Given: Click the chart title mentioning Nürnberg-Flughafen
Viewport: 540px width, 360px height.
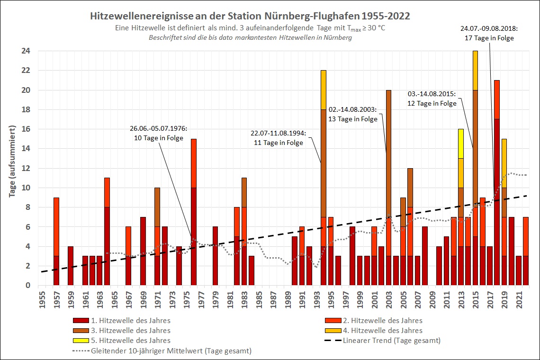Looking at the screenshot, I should (x=250, y=16).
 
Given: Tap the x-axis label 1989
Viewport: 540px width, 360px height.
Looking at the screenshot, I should (x=287, y=299).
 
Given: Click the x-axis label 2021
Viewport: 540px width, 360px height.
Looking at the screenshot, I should (x=518, y=299).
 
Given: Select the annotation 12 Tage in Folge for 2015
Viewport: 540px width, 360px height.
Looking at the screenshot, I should (x=432, y=103).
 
